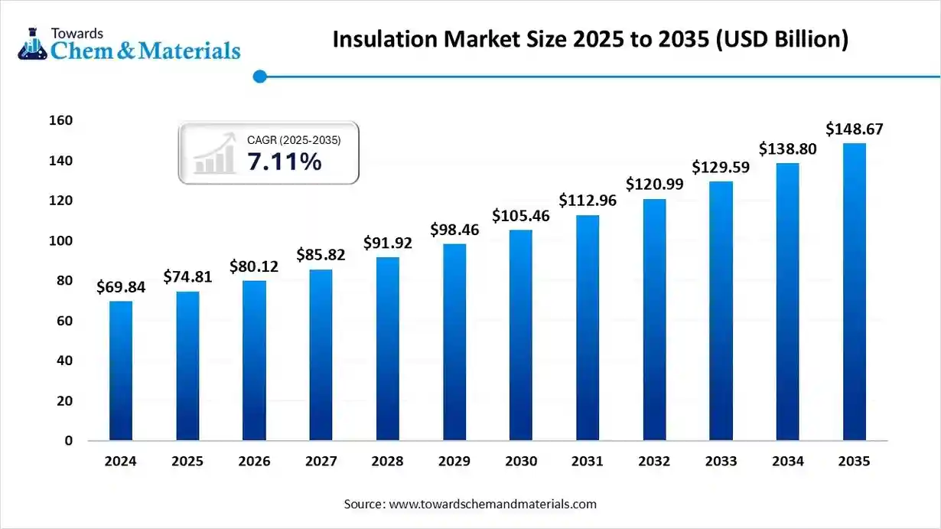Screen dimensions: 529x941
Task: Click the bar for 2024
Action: click(x=121, y=371)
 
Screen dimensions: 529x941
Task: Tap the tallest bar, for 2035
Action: click(x=855, y=292)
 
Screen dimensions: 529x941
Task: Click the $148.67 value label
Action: click(x=855, y=129)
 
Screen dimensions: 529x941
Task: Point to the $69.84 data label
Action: click(x=121, y=287)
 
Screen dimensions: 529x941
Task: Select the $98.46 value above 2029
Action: click(x=454, y=229)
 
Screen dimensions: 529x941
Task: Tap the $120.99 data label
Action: click(x=655, y=184)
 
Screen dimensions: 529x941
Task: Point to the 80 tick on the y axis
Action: click(x=66, y=281)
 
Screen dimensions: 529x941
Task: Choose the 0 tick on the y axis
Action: click(x=69, y=441)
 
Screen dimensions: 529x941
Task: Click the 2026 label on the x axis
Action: click(x=254, y=462)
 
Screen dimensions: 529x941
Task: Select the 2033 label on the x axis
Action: click(x=721, y=462)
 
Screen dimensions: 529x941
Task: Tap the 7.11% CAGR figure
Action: click(x=284, y=162)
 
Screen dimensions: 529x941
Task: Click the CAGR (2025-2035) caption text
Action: click(x=294, y=140)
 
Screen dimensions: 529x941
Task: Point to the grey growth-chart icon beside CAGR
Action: click(x=214, y=154)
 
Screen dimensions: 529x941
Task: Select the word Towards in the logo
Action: click(x=77, y=33)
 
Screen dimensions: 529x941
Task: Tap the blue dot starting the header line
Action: click(x=259, y=77)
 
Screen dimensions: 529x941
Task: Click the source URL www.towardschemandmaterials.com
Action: click(x=493, y=505)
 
